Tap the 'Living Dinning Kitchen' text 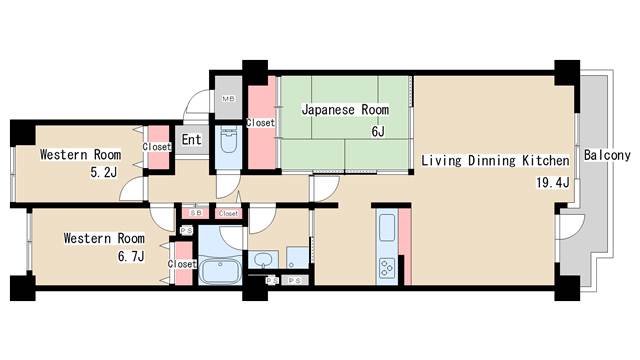(x=495, y=160)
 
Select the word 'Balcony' (x=607, y=156)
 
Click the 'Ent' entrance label (x=191, y=141)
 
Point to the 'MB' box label (x=228, y=99)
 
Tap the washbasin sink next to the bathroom (x=262, y=260)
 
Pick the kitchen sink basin (x=387, y=228)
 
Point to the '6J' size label (x=377, y=131)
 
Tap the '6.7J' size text (x=131, y=257)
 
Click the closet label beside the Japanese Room (x=260, y=123)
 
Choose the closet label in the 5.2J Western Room (x=157, y=147)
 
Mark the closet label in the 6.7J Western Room (x=182, y=264)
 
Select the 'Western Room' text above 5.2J (x=80, y=155)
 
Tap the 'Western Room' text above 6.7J (x=104, y=239)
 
